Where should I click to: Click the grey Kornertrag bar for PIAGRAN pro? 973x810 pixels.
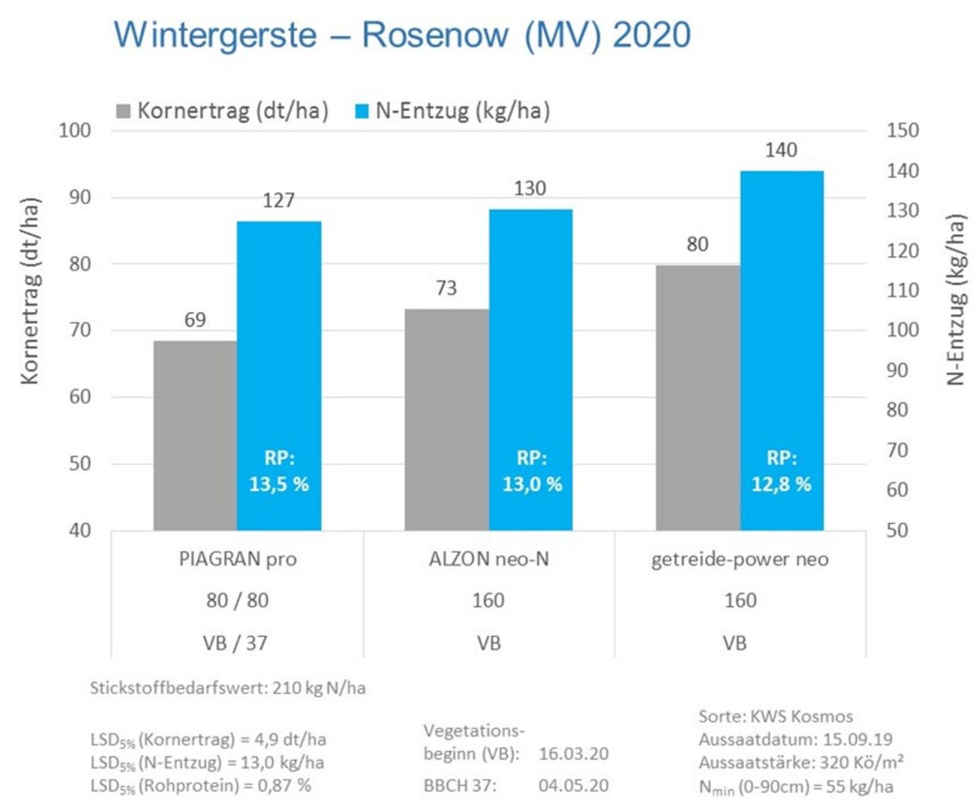[195, 435]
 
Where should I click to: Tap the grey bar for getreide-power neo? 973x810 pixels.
[698, 397]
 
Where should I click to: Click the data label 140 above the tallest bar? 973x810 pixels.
[781, 151]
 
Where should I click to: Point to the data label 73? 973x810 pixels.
[446, 288]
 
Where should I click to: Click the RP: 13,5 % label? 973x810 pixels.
[279, 472]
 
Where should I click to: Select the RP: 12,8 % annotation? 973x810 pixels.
[782, 472]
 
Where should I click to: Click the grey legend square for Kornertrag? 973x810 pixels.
[124, 112]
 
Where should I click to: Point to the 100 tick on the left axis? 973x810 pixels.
[75, 130]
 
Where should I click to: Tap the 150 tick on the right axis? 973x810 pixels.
[902, 130]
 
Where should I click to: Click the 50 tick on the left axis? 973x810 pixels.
[80, 463]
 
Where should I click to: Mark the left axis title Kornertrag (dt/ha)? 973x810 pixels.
[30, 291]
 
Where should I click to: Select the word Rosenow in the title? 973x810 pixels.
[435, 35]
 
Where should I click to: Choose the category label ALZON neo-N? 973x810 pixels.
[488, 559]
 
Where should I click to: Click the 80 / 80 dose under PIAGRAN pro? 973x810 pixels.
[237, 601]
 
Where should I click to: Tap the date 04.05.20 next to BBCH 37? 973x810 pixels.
[573, 786]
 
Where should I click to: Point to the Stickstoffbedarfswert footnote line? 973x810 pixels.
[228, 688]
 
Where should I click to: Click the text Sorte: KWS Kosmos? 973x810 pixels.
[776, 716]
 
